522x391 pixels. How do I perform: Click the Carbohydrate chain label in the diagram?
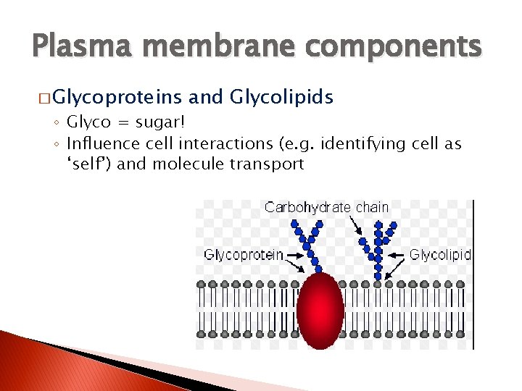[x=326, y=208]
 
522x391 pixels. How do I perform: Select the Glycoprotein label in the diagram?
[x=243, y=255]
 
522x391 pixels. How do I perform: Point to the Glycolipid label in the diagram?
[x=440, y=255]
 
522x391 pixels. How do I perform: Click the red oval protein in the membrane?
[x=320, y=309]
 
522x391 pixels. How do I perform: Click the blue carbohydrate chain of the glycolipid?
[x=378, y=246]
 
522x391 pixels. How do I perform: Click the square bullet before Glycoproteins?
[x=43, y=98]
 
